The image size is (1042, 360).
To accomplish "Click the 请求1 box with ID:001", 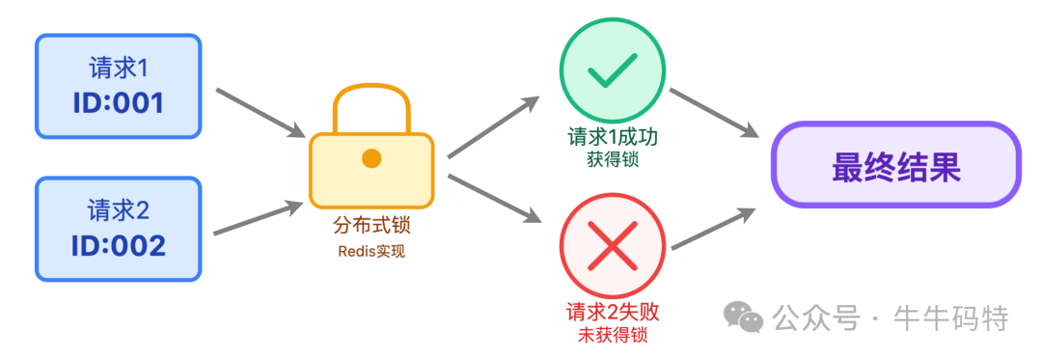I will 119,87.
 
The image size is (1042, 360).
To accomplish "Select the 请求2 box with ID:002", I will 119,229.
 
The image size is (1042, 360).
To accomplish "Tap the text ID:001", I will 119,102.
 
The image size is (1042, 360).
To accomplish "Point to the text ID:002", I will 119,244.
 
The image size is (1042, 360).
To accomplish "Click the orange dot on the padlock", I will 371,158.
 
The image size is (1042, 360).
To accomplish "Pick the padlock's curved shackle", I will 371,106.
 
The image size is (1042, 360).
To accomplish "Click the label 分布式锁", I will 371,227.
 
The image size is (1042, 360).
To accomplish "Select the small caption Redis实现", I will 371,252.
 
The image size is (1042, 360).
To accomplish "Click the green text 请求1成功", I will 613,136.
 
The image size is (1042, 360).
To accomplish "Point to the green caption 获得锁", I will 613,158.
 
